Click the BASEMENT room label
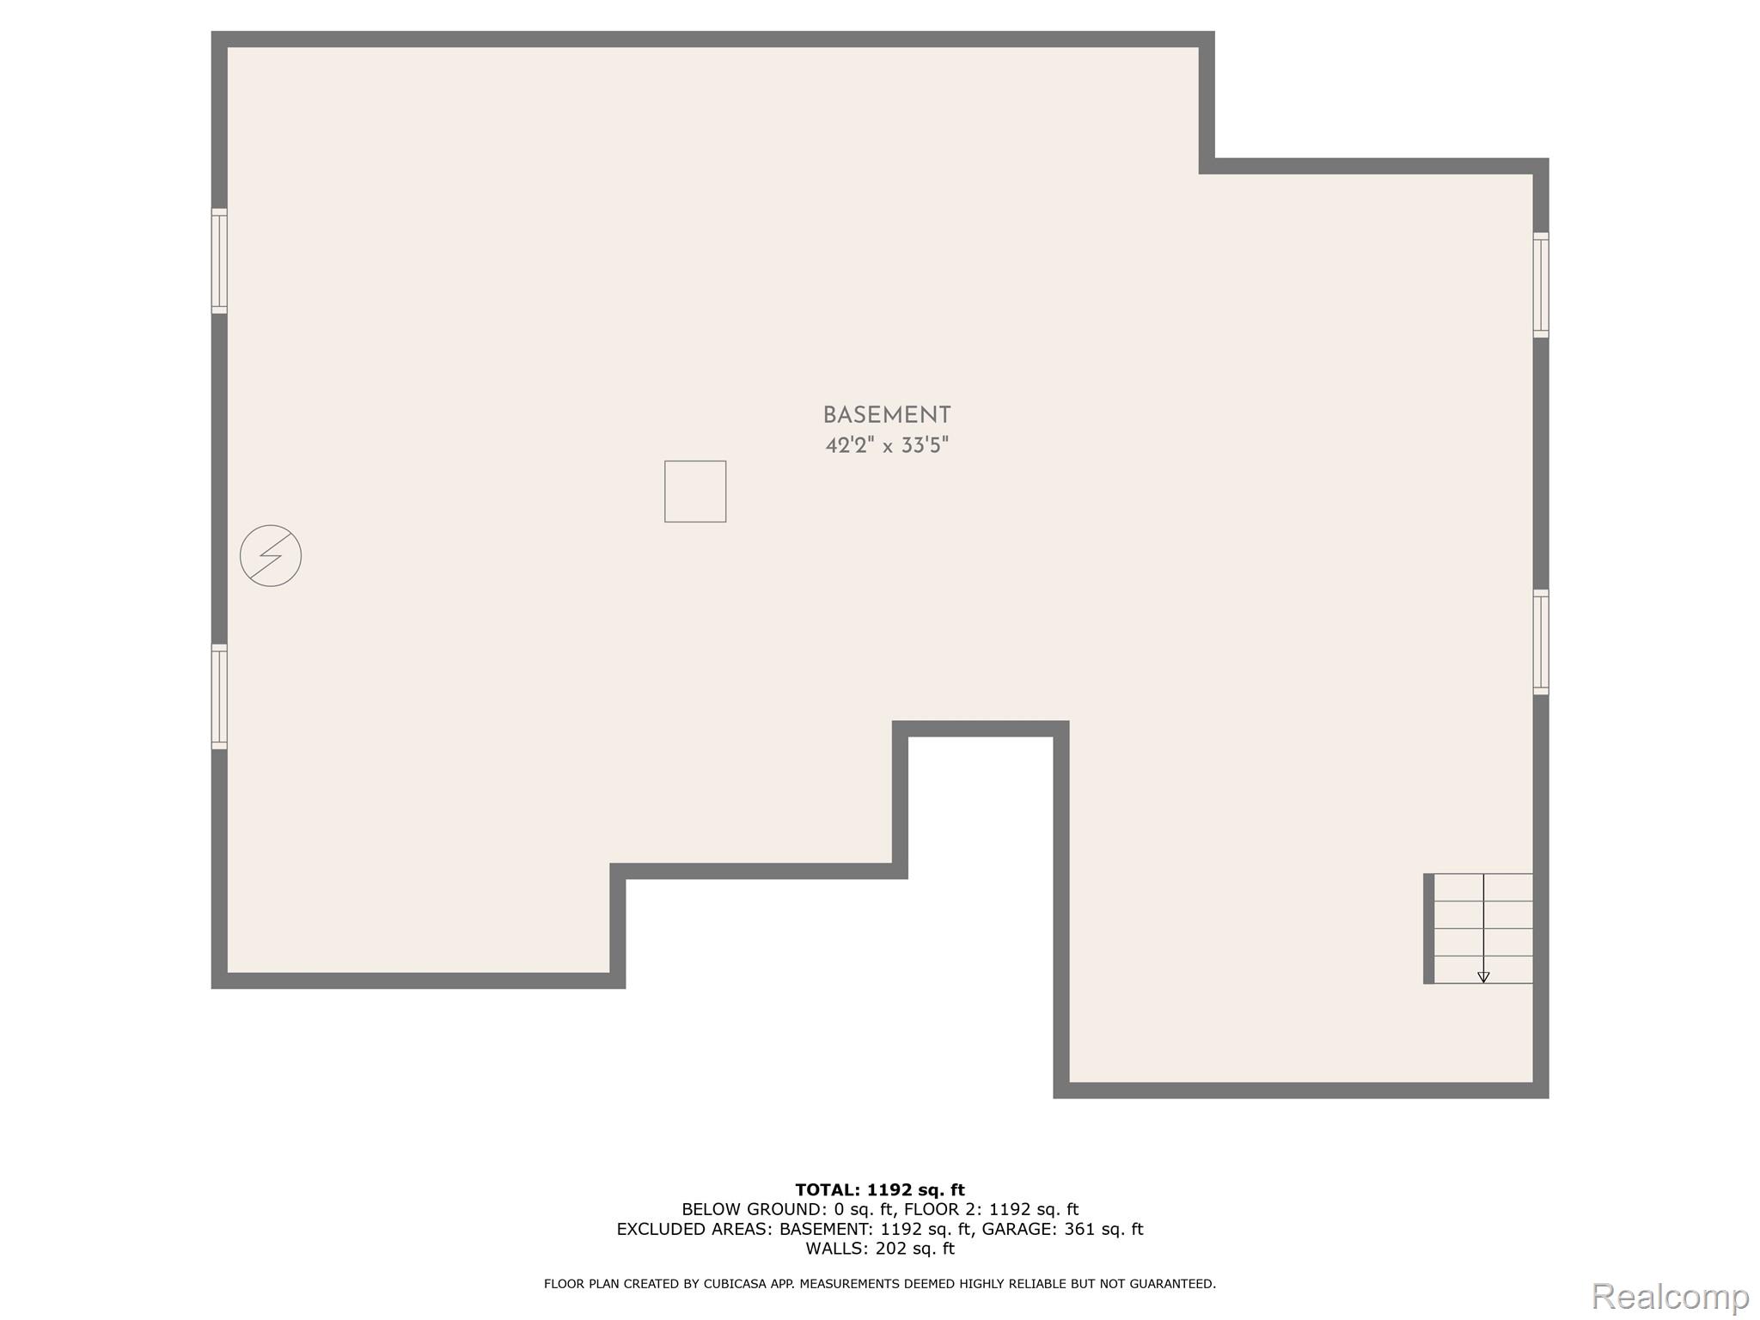tap(886, 415)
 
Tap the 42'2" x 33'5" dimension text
tap(886, 446)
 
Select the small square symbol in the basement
tap(694, 492)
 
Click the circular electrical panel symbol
tap(271, 556)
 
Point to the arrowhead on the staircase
tap(1483, 977)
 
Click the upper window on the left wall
tap(219, 260)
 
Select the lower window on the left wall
tap(219, 696)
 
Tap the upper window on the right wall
tap(1541, 284)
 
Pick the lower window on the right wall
tap(1541, 642)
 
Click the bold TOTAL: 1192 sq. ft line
tap(880, 1190)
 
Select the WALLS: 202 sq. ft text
tap(880, 1249)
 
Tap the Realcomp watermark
tap(1670, 1297)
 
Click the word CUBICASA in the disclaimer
tap(733, 1284)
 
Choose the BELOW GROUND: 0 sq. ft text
tap(787, 1210)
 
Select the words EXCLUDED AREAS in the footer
tap(694, 1230)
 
